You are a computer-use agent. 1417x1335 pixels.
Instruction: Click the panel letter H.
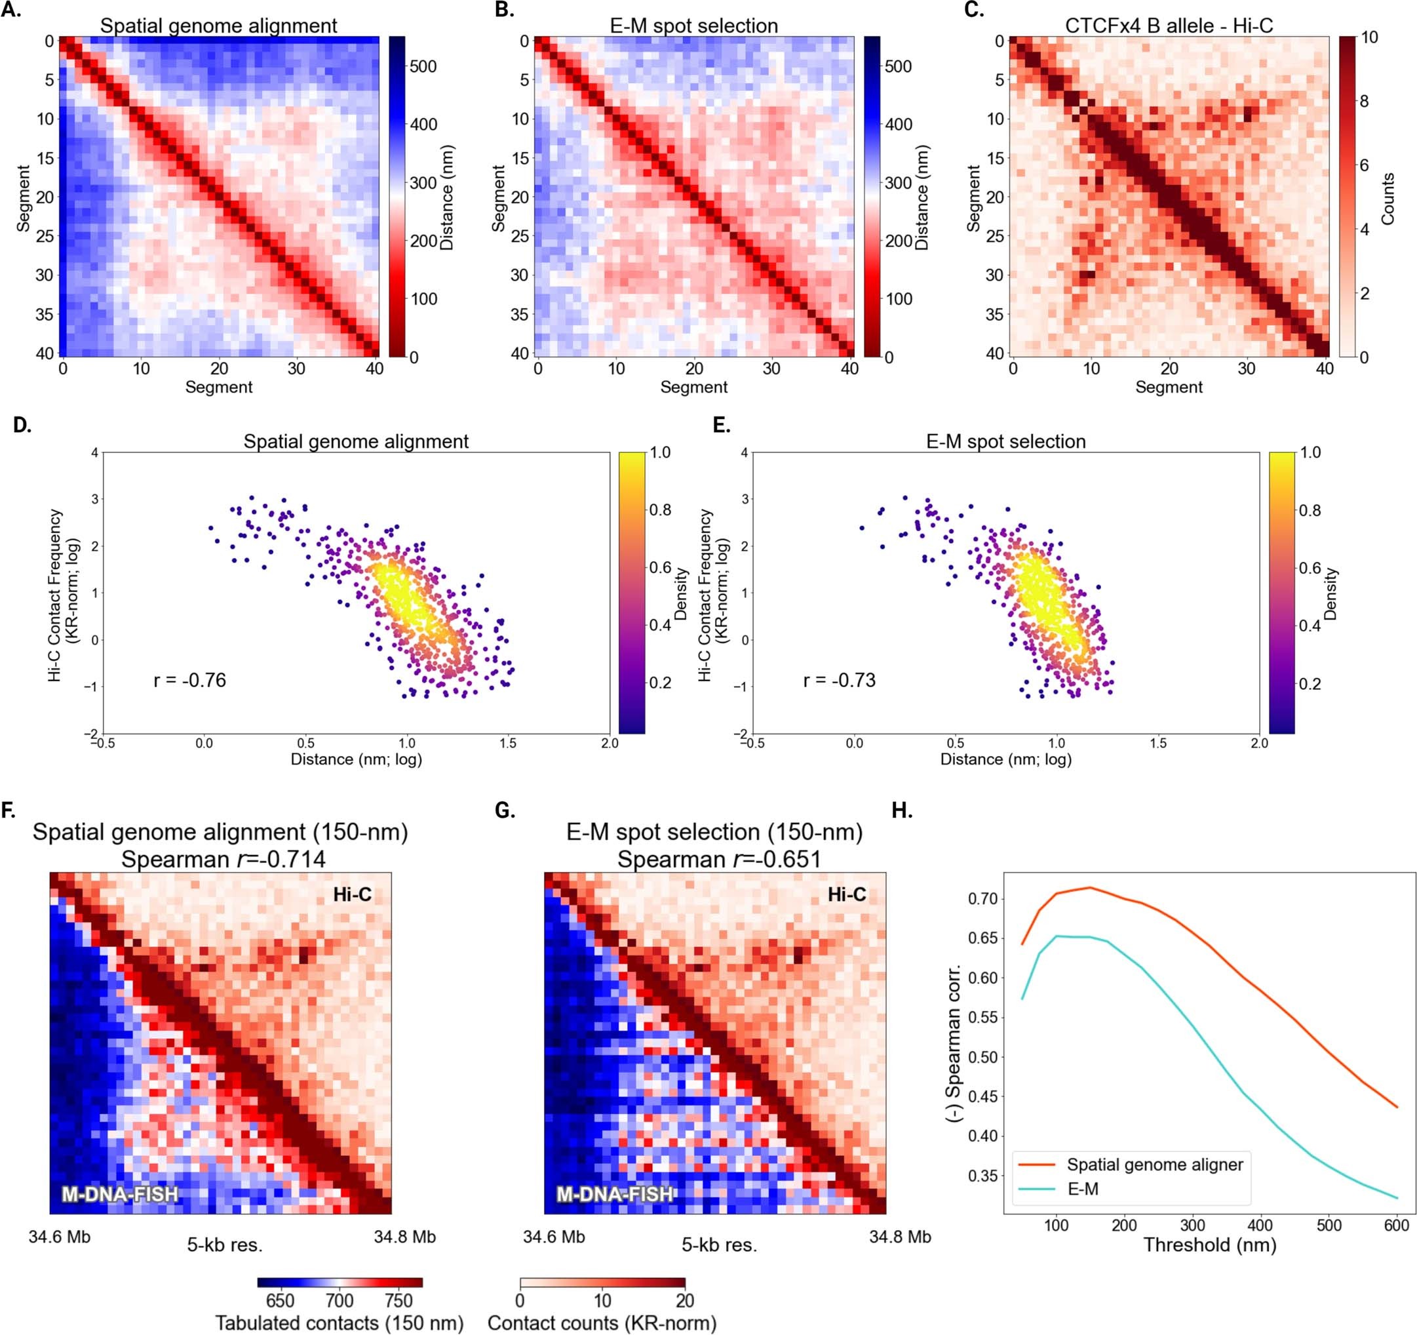pos(903,811)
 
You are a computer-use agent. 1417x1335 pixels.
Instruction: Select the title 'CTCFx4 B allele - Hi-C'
pos(1169,26)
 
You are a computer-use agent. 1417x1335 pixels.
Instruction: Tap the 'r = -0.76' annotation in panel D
pos(189,681)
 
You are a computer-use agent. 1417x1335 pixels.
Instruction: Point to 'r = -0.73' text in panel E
pos(839,681)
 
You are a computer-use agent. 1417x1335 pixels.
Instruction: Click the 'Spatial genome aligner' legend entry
pos(1155,1165)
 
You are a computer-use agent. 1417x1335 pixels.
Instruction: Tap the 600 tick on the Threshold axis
pos(1396,1226)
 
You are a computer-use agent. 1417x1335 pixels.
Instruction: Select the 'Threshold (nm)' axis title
pos(1210,1245)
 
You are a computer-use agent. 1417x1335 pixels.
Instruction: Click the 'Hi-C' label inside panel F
pos(352,894)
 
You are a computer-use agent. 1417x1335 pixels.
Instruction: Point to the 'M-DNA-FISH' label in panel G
pos(614,1194)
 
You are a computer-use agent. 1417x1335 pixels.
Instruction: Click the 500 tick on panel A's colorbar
pos(423,66)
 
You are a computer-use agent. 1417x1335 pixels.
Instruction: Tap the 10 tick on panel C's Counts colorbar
pos(1368,38)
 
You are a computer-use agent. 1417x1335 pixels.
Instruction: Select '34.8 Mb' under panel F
pos(404,1237)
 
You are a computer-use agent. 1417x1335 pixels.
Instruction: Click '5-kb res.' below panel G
pos(719,1245)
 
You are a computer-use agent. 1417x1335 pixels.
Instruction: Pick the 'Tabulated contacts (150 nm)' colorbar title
pos(340,1323)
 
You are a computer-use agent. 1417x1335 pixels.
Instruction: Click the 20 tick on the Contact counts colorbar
pos(684,1300)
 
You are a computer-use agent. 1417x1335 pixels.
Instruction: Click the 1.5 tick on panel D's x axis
pos(507,743)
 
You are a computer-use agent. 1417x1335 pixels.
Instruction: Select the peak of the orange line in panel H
pos(1090,887)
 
